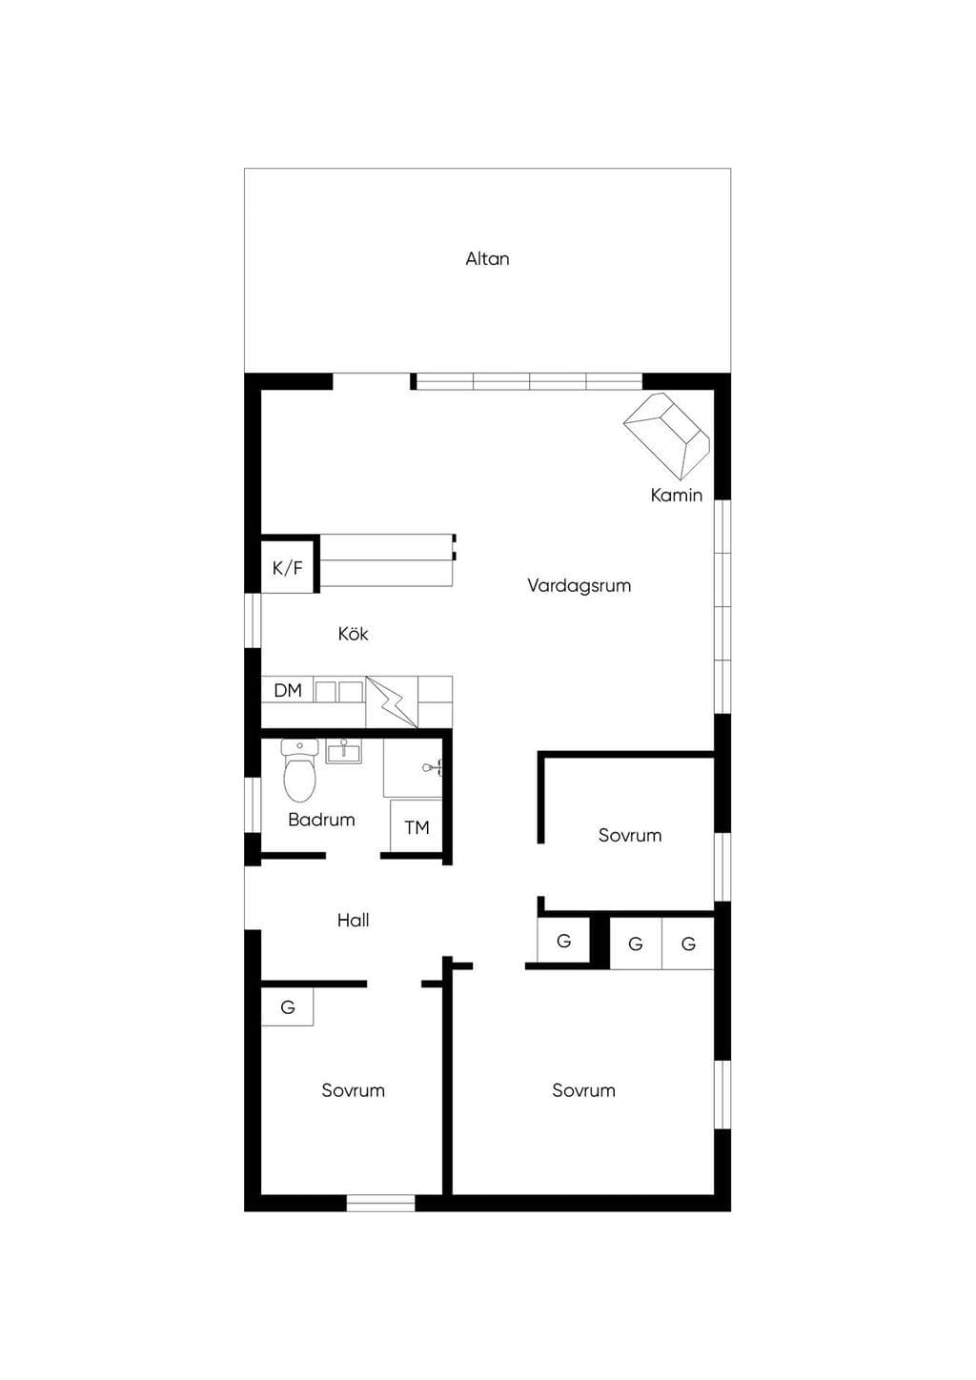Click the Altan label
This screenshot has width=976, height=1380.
(x=487, y=258)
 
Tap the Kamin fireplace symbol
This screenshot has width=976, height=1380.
(x=666, y=436)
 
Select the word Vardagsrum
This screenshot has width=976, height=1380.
(x=579, y=584)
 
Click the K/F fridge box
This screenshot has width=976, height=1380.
(x=288, y=567)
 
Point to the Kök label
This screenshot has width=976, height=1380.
(x=353, y=634)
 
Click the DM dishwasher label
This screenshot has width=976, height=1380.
(x=288, y=690)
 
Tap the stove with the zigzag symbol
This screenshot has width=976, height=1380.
(x=392, y=701)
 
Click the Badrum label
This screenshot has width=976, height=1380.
(x=321, y=820)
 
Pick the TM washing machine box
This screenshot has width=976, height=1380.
(x=417, y=826)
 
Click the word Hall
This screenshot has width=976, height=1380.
(x=353, y=921)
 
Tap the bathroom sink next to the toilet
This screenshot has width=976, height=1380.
(x=344, y=751)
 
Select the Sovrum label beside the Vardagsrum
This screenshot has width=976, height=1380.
(x=630, y=835)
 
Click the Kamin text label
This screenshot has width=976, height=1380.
(x=677, y=495)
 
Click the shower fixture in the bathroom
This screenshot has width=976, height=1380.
(x=433, y=767)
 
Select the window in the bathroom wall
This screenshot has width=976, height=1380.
(x=253, y=805)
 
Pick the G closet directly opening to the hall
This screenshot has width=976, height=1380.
(x=564, y=941)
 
